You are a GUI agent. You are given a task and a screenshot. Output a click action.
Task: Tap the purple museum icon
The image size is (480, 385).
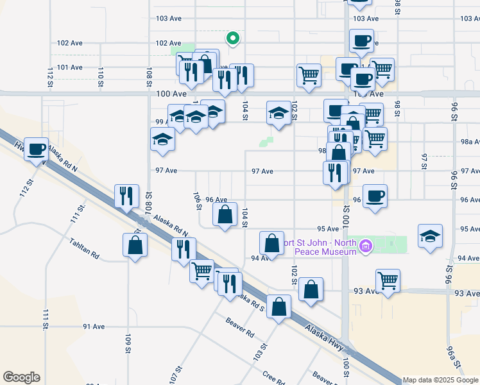366,245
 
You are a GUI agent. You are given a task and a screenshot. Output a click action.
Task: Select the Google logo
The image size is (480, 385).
21,377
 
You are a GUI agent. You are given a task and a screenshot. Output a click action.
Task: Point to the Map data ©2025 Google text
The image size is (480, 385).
440,380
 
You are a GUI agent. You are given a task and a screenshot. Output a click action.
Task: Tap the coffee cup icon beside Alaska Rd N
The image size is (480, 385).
37,149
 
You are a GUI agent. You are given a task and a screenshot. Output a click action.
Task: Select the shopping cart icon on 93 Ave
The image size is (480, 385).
388,280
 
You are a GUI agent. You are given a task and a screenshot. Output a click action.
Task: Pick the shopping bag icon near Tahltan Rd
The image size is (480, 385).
135,245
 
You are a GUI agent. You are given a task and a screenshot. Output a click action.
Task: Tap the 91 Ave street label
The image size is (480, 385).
94,327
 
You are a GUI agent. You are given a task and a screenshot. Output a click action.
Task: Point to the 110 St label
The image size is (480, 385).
100,73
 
